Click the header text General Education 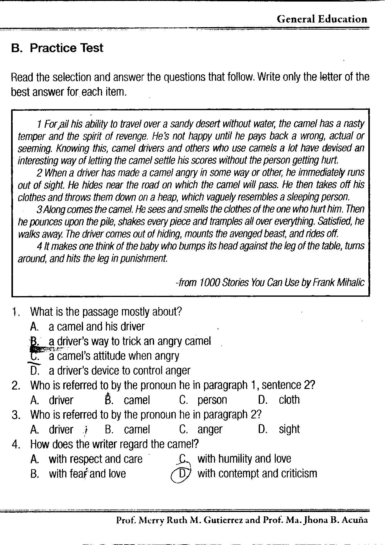click(x=322, y=19)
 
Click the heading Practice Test click(x=66, y=48)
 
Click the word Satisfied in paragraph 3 click(x=336, y=221)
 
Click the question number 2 click(x=16, y=386)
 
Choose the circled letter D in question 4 click(x=182, y=473)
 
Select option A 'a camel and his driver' click(x=96, y=327)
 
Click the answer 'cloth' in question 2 click(x=289, y=400)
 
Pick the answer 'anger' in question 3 click(x=210, y=430)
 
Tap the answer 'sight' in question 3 click(x=289, y=430)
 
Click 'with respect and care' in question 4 click(x=95, y=459)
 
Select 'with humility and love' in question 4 click(x=244, y=459)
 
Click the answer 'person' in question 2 click(x=212, y=400)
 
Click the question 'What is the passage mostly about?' click(x=106, y=312)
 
